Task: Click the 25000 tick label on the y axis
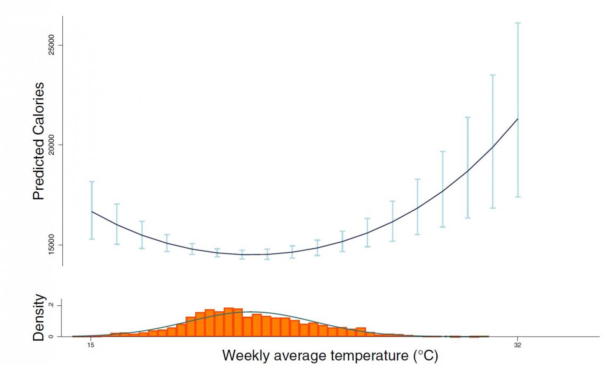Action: point(51,45)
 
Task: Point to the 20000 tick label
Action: point(51,145)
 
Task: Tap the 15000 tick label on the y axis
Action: point(51,245)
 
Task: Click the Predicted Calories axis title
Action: point(39,141)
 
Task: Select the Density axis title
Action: point(39,318)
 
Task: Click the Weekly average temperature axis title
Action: point(330,355)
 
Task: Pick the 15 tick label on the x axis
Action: point(91,345)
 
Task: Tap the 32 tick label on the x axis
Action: point(518,345)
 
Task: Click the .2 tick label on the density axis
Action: point(51,305)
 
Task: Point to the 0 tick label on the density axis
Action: point(51,337)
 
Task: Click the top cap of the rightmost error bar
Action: point(518,23)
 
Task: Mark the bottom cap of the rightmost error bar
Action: point(518,197)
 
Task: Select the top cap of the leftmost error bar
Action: point(91,182)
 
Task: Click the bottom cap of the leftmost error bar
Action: point(91,239)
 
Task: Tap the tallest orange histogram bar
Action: point(228,322)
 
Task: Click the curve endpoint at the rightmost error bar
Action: point(518,119)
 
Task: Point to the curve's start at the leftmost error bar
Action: point(91,211)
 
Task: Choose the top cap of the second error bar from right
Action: point(493,75)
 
